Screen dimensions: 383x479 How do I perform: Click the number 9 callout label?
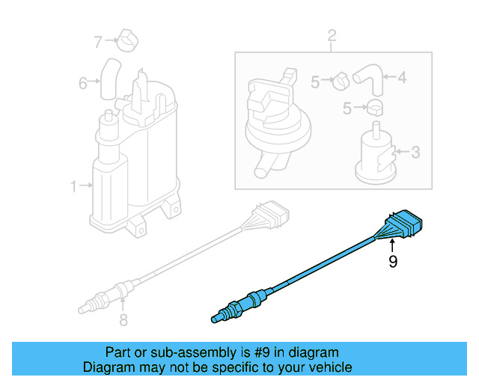click(391, 262)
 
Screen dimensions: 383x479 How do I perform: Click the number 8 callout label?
click(123, 320)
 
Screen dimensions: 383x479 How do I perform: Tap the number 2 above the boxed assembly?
click(332, 35)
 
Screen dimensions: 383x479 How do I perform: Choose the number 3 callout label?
click(415, 153)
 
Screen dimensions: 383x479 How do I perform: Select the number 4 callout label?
click(401, 76)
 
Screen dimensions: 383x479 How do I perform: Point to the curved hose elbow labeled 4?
click(367, 76)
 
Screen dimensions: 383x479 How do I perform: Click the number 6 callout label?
click(83, 82)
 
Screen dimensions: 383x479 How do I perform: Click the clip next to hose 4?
click(338, 79)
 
